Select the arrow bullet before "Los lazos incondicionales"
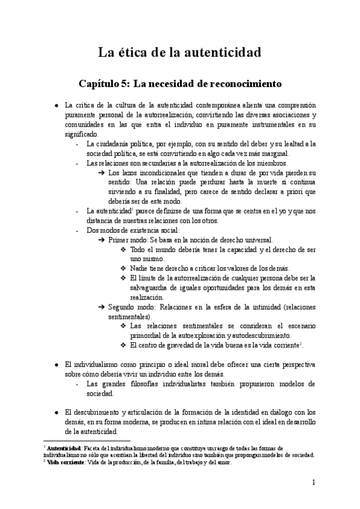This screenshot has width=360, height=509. click(102, 173)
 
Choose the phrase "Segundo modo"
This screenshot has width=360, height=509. click(130, 306)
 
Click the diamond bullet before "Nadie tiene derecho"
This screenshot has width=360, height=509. click(124, 268)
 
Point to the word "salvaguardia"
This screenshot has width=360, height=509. click(149, 287)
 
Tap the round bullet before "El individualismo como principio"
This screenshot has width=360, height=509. click(56, 364)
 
